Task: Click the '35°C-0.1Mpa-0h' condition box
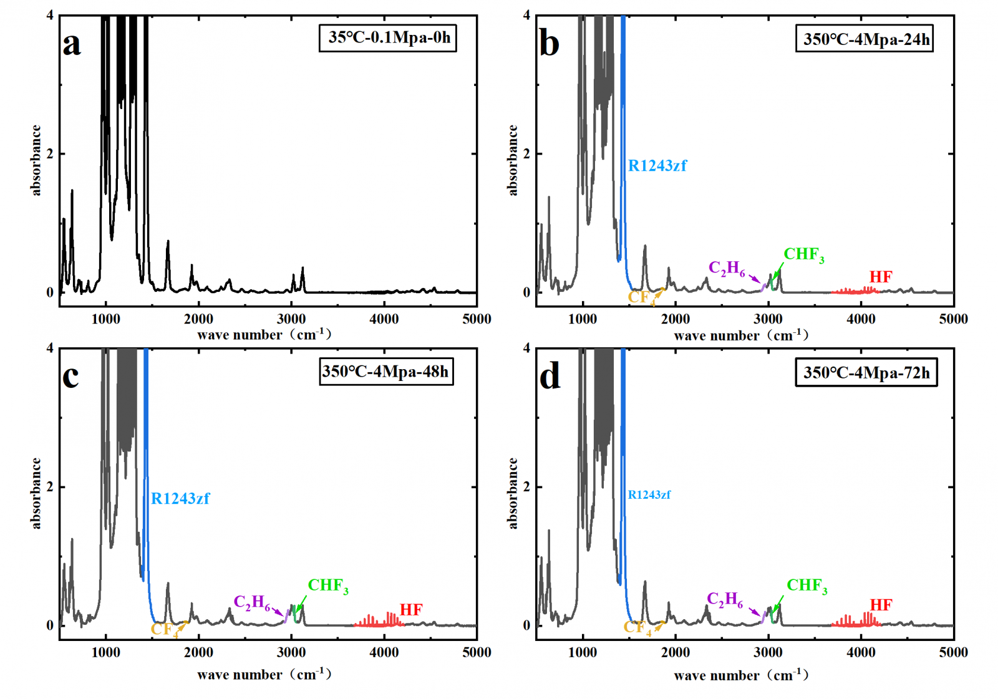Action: (388, 37)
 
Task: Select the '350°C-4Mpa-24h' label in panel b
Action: (865, 39)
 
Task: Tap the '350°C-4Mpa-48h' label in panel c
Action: (386, 372)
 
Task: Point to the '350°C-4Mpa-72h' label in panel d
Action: (866, 373)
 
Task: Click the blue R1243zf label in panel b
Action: (657, 166)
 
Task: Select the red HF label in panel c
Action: (411, 609)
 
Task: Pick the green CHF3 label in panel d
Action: (807, 586)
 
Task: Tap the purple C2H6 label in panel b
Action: (727, 269)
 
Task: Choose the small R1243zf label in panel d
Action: (649, 494)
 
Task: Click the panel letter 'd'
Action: (550, 377)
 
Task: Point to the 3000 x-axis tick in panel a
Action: (291, 319)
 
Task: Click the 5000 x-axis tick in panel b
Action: (953, 319)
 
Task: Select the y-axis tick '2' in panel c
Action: (50, 487)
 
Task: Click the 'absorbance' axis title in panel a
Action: (36, 160)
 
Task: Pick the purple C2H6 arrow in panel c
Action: (278, 611)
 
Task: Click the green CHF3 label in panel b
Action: (803, 254)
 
